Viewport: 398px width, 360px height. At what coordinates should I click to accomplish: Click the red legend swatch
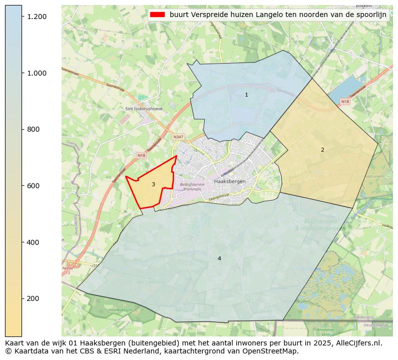point(157,15)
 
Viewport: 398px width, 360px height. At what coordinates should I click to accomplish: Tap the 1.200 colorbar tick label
point(37,17)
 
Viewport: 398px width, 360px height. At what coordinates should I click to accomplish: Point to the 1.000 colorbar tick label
point(37,73)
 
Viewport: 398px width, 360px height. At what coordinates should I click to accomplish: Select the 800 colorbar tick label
point(34,129)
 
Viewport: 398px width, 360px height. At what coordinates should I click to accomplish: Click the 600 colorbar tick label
point(34,186)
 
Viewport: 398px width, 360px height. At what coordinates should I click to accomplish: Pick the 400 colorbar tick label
point(34,242)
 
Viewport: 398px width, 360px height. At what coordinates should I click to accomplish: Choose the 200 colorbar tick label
point(34,298)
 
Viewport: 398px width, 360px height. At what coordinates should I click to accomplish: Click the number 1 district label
point(246,95)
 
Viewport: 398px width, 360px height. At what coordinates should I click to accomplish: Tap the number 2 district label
point(322,150)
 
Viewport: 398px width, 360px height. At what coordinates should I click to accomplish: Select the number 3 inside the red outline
point(153,185)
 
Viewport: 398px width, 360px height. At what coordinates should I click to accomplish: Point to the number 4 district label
point(219,258)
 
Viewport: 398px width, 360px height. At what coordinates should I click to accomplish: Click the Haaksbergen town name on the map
point(228,181)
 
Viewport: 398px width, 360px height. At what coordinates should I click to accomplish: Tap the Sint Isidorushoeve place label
point(145,109)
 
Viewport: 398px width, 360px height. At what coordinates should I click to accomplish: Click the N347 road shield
point(178,137)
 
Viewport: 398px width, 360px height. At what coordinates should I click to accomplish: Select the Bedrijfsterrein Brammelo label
point(192,187)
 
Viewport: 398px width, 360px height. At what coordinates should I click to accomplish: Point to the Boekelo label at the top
point(364,6)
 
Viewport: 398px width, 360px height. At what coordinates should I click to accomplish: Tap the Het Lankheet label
point(151,282)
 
